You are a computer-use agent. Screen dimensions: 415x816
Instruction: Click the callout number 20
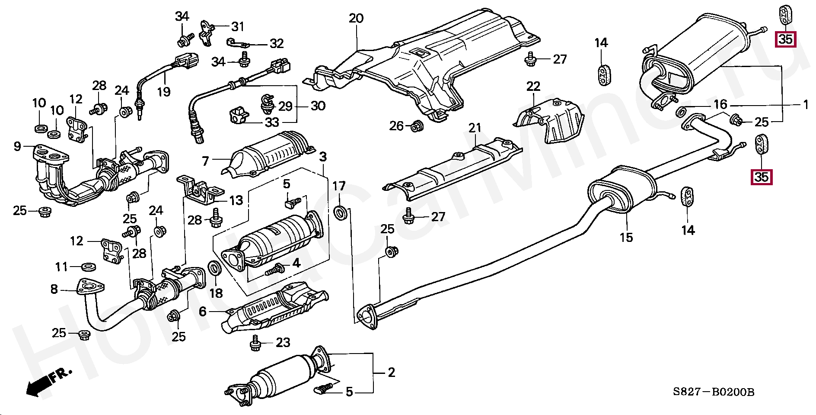[356, 19]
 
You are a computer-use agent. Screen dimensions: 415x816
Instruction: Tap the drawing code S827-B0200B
[713, 392]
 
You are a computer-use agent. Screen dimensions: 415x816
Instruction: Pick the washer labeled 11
[89, 267]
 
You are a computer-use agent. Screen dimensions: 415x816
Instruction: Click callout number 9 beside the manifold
[17, 147]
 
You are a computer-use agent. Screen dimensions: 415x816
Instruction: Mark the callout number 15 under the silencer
[626, 237]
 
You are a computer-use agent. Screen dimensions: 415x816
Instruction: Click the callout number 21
[475, 128]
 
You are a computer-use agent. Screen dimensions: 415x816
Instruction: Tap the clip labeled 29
[267, 103]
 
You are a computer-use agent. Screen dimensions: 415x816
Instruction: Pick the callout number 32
[277, 44]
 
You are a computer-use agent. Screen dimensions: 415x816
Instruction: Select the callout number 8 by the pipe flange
[54, 289]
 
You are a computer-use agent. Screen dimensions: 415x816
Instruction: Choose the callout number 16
[720, 105]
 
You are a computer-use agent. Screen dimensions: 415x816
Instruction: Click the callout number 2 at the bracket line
[391, 372]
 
